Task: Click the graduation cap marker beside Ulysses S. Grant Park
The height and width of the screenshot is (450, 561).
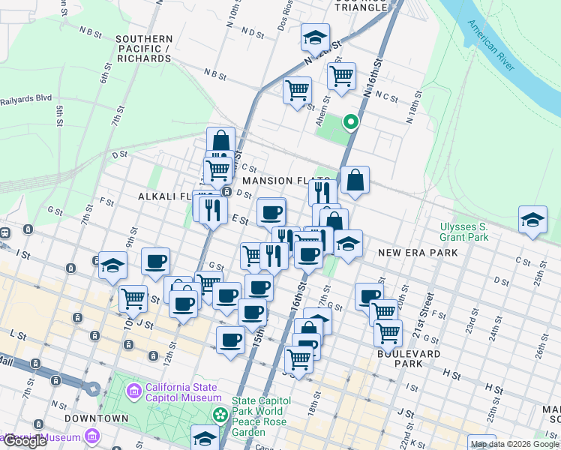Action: [x=532, y=220]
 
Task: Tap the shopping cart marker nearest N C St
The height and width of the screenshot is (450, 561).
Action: [x=341, y=76]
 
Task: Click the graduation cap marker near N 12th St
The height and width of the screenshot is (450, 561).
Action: [x=316, y=36]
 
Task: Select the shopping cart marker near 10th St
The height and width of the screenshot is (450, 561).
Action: [x=133, y=298]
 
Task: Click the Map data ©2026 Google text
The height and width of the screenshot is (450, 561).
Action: [x=514, y=444]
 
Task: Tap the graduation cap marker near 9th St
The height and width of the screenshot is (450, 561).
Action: [x=112, y=265]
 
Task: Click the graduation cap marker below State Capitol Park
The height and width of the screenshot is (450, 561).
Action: [x=205, y=438]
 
